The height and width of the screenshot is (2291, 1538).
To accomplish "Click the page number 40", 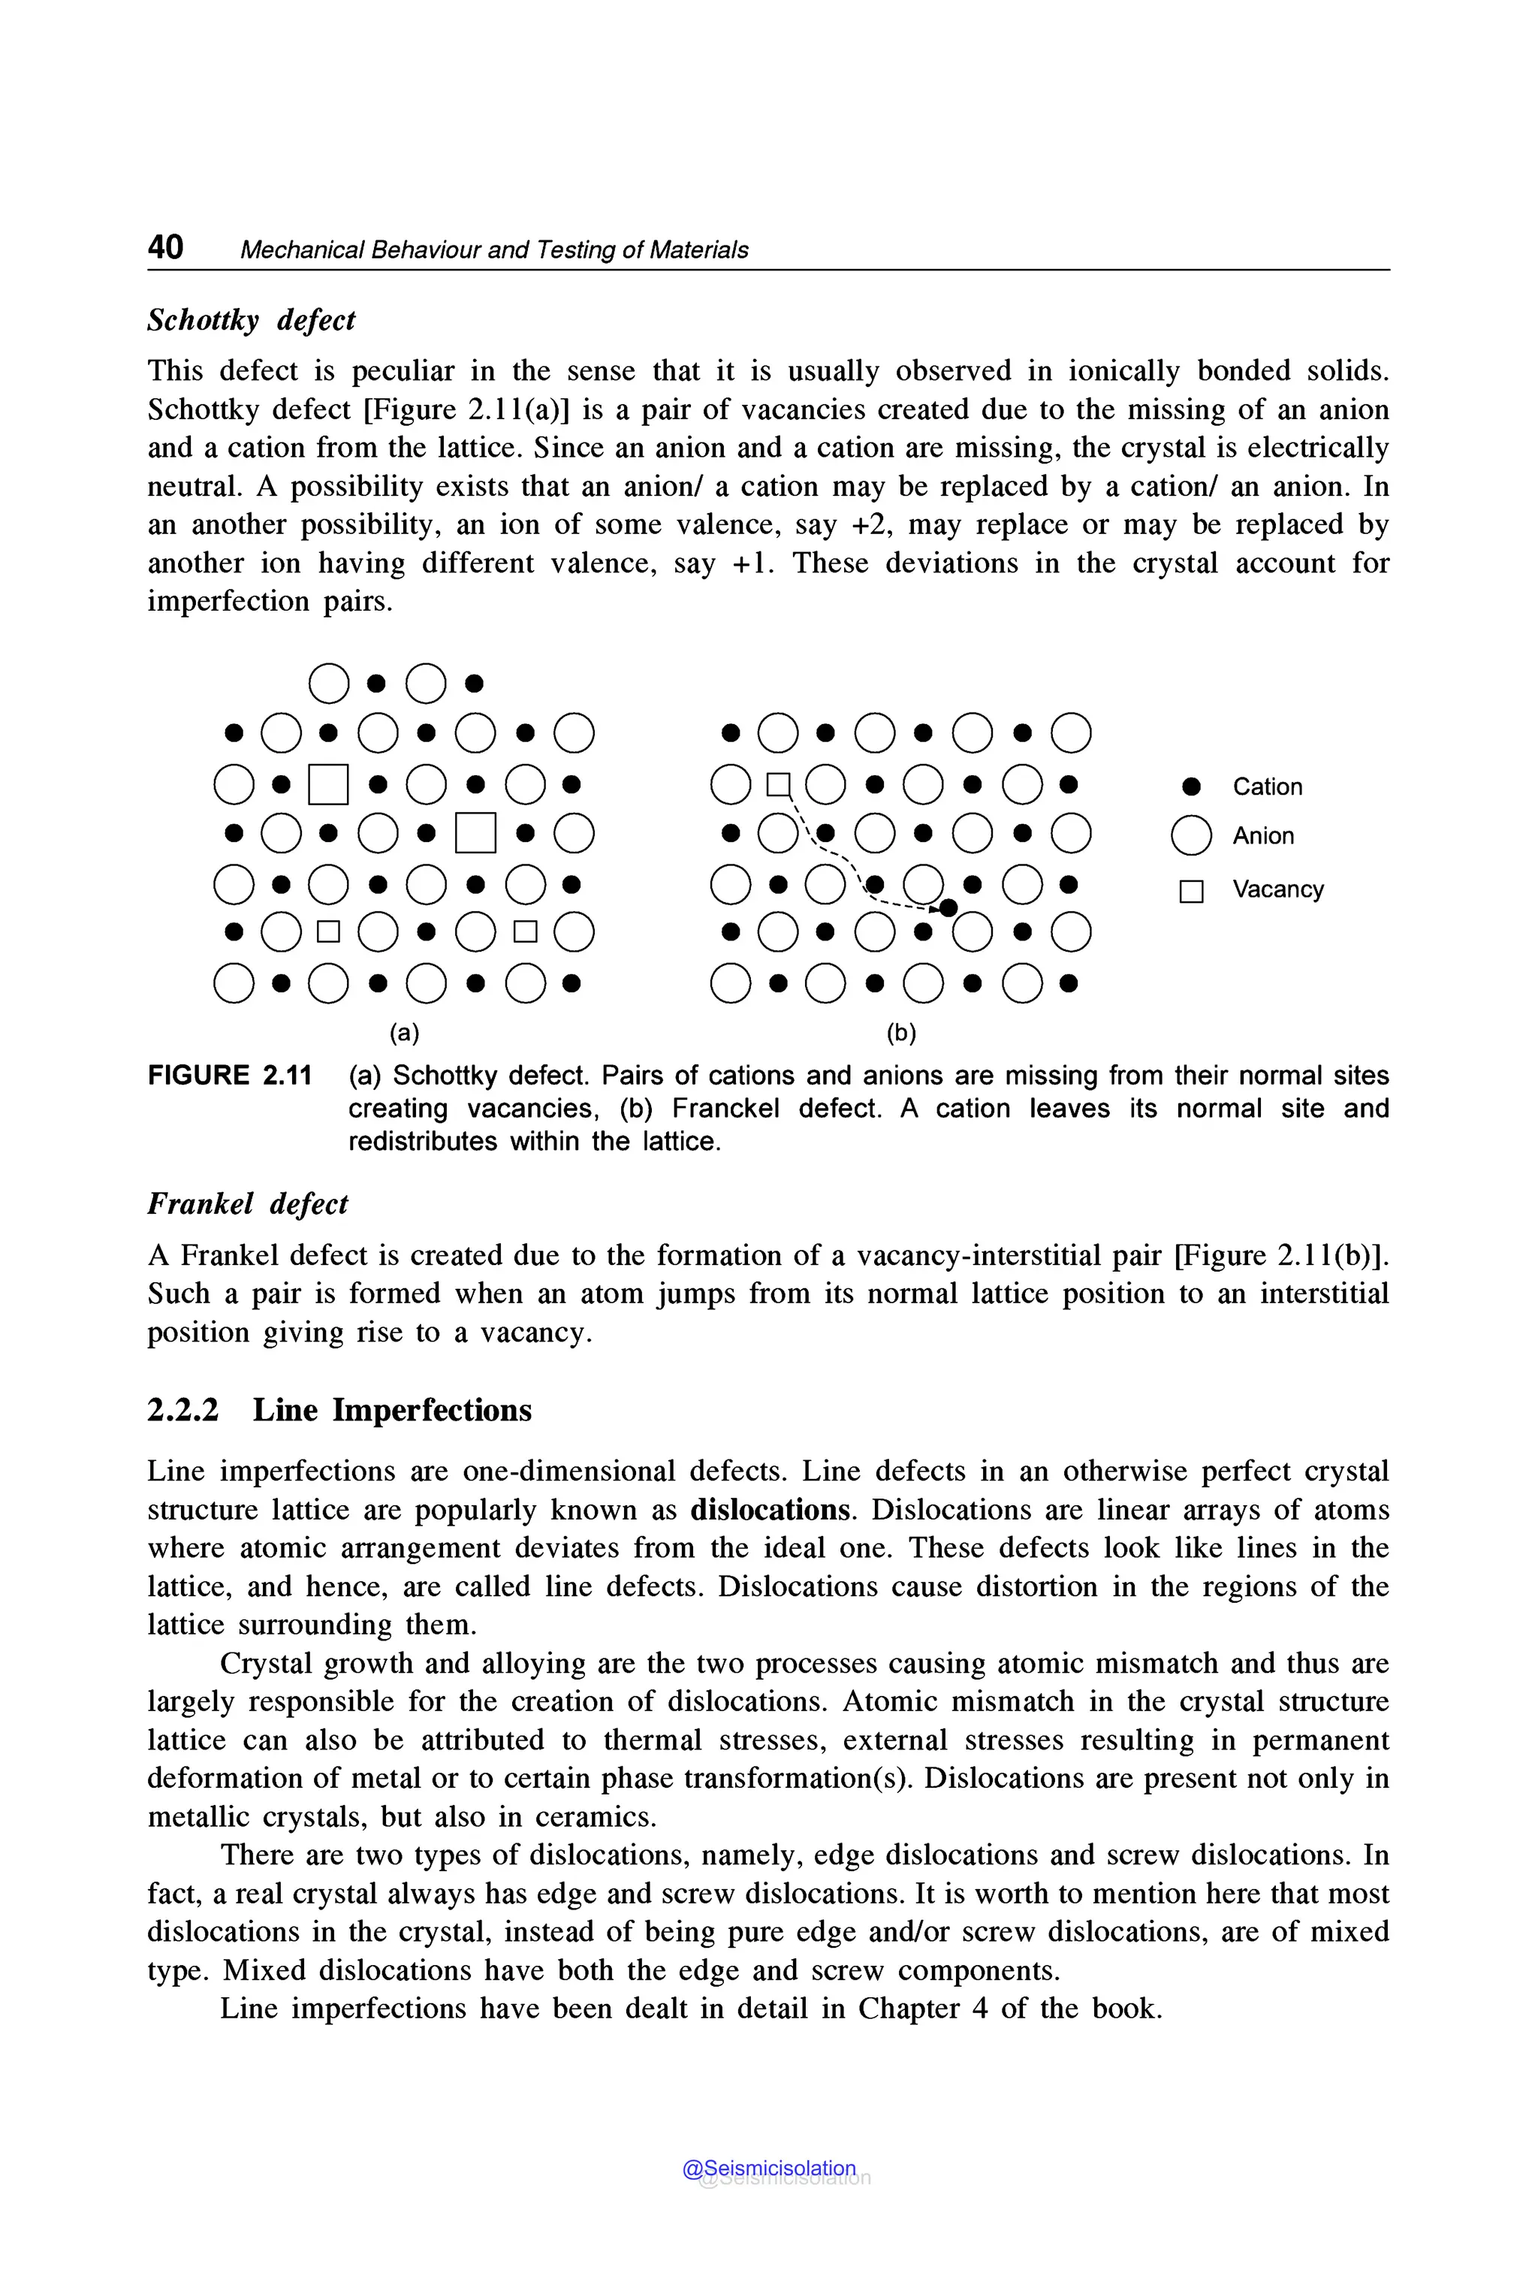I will click(164, 246).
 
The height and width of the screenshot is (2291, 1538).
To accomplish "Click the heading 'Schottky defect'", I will click(251, 320).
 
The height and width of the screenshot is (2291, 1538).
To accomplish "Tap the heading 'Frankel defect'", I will click(247, 1204).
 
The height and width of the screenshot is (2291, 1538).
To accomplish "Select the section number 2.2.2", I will click(183, 1410).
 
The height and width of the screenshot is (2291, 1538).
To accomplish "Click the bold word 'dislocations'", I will click(770, 1509).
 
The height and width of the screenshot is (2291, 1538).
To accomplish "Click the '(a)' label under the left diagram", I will click(404, 1032).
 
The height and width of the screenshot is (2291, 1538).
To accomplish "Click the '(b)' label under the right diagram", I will click(900, 1032).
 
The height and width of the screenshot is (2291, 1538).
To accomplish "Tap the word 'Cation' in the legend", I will click(1268, 787).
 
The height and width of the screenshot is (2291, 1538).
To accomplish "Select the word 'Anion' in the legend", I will click(1263, 836).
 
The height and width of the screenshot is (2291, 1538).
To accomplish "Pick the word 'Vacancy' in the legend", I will click(1278, 889).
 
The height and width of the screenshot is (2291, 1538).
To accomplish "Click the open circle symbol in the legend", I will click(1191, 836).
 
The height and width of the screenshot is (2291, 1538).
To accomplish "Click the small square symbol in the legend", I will click(1191, 891).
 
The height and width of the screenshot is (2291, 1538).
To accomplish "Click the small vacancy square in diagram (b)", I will click(778, 784).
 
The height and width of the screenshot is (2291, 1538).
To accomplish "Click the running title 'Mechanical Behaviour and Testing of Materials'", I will click(493, 250).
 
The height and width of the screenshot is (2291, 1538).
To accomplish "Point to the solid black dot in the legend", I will click(1191, 787).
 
